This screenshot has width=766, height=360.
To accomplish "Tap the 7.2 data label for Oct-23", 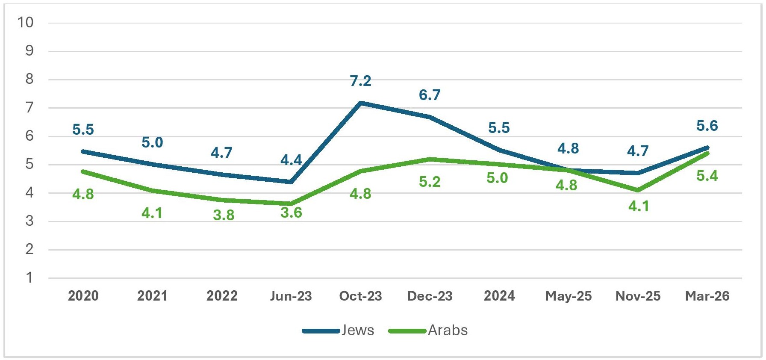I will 360,81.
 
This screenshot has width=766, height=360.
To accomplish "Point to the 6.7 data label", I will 430,95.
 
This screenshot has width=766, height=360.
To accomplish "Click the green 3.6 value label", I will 291,212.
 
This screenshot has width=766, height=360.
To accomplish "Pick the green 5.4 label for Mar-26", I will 707,176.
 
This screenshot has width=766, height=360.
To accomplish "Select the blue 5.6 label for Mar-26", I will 707,126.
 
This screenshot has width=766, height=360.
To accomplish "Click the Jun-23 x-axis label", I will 291,296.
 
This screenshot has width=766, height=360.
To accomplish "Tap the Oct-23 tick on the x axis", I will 360,296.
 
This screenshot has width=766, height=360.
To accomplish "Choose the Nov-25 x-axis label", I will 638,296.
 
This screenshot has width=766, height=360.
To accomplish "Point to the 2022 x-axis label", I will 222,296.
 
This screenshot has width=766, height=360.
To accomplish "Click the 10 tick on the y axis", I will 25,22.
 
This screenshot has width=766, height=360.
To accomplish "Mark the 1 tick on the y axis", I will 29,277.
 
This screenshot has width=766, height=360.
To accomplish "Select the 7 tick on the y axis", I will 29,107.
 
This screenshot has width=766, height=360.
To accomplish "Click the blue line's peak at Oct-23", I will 361,103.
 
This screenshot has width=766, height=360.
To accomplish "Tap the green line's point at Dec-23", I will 430,159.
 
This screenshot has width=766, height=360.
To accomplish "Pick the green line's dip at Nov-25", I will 638,190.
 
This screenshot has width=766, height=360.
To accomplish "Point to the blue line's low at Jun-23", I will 291,182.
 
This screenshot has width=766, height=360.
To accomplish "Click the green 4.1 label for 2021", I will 152,213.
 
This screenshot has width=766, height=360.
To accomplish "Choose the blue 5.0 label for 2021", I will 152,142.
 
